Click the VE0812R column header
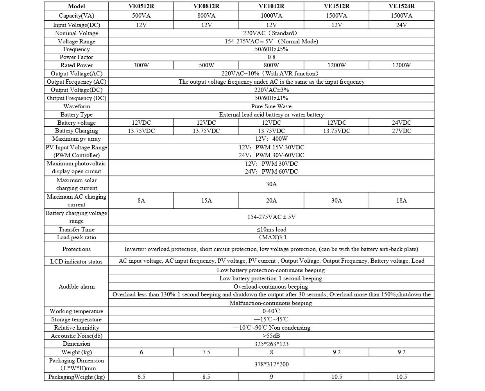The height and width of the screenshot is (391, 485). (x=206, y=6)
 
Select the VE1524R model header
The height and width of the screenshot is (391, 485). (x=401, y=6)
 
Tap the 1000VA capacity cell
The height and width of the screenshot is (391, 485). (x=271, y=16)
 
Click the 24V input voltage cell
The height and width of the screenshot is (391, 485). (x=401, y=25)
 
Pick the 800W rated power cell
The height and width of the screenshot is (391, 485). (x=271, y=65)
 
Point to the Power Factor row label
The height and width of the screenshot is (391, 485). (x=76, y=57)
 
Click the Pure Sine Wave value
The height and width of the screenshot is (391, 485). (x=271, y=106)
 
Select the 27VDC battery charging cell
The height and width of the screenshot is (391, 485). (x=401, y=131)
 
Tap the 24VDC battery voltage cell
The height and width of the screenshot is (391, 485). (x=401, y=123)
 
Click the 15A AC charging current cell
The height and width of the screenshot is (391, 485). (x=206, y=201)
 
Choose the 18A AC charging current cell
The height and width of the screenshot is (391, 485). (x=401, y=201)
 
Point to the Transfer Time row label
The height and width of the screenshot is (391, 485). (x=76, y=230)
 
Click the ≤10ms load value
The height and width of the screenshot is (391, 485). (x=271, y=230)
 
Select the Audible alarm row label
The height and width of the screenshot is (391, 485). (x=76, y=287)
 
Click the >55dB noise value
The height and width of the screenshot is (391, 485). (x=271, y=336)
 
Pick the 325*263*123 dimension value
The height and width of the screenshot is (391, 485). (x=271, y=344)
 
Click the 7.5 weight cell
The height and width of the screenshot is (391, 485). (x=206, y=352)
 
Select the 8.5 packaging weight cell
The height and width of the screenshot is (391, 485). (x=206, y=377)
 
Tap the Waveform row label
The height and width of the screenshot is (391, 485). (x=76, y=106)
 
